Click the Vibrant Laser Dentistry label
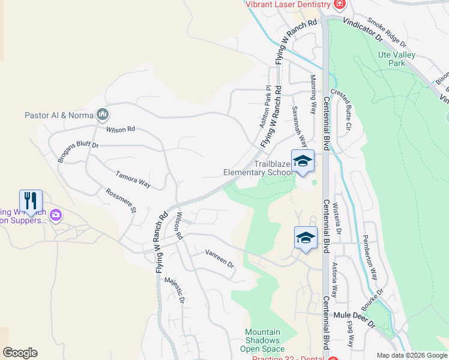[x=288, y=4]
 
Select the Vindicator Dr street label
[x=363, y=28]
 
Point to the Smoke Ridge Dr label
[x=387, y=33]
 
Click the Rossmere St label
[x=121, y=201]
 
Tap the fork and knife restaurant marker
[x=31, y=200]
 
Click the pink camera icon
[x=56, y=214]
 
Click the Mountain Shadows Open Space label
[x=262, y=340]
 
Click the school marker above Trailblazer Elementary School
[x=303, y=161]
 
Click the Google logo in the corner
[x=20, y=353]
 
